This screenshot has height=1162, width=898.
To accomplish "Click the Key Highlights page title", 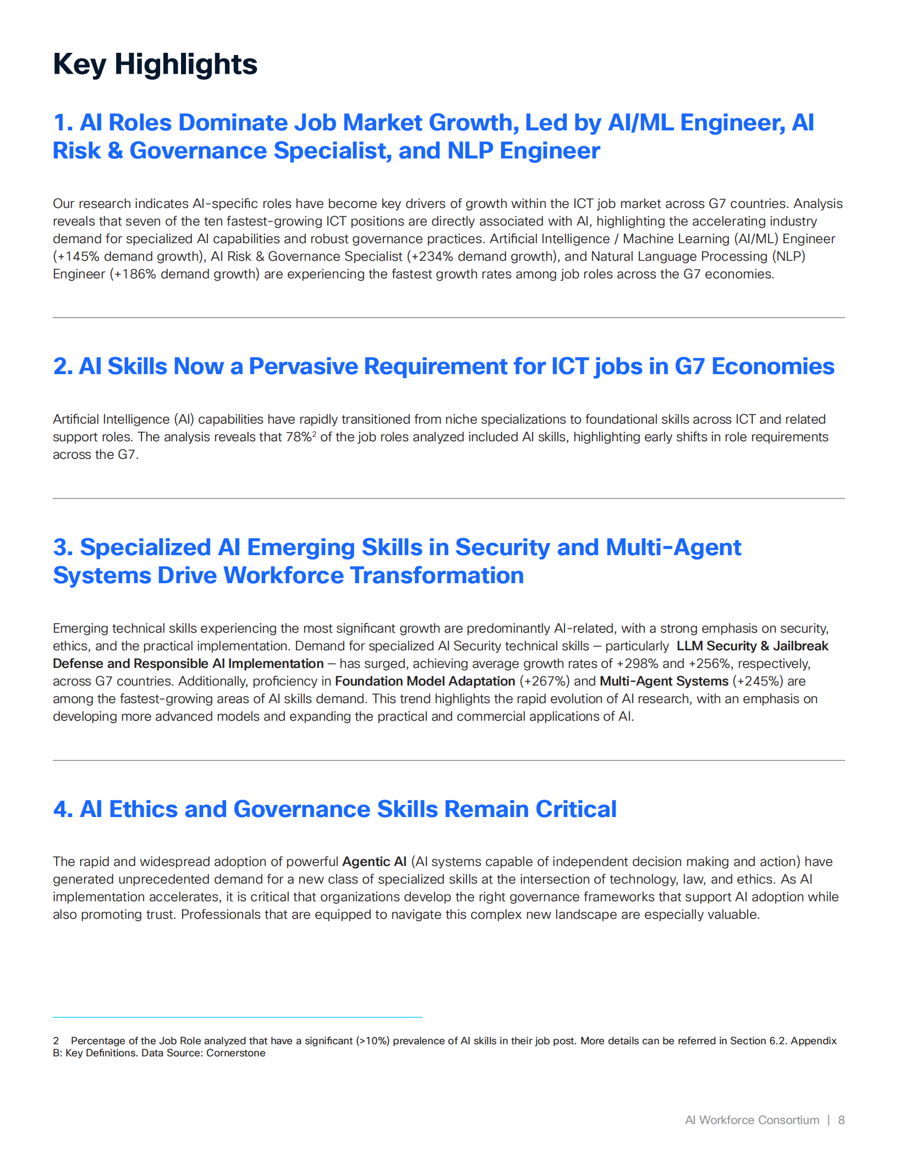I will point(155,64).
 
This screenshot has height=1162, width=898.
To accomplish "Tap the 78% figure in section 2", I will point(298,437).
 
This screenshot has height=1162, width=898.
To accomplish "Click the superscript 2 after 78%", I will point(314,434).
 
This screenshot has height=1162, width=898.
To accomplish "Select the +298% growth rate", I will point(638,664).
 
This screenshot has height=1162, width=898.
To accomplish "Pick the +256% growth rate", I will point(710,664).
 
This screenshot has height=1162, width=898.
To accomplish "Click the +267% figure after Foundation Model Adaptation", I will point(544,681).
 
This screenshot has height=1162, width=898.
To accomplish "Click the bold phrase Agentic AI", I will point(374,862).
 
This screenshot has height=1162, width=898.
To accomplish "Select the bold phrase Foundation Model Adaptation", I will point(425,681).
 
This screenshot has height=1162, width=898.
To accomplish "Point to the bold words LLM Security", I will point(716,646).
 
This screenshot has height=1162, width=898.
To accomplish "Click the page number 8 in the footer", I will point(841,1120).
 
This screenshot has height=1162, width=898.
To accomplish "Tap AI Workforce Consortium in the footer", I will point(752,1120).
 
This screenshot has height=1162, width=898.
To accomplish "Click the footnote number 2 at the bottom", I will point(56,1041).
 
